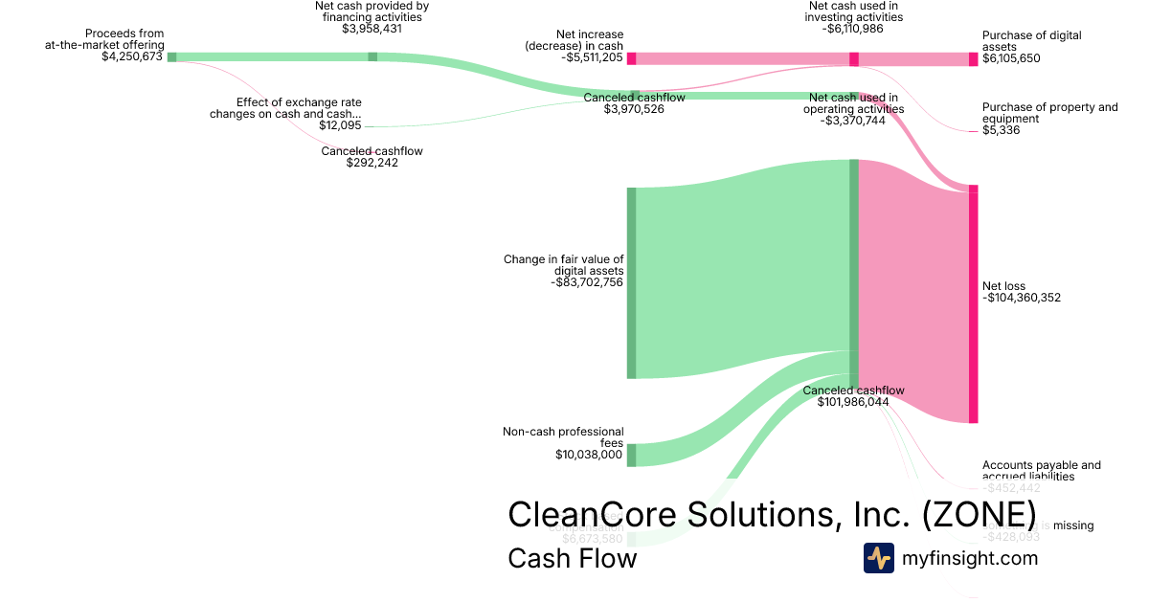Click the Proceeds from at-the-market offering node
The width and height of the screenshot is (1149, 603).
(x=172, y=57)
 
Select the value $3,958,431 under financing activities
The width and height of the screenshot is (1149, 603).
(x=372, y=29)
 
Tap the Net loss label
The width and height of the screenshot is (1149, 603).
(x=1003, y=286)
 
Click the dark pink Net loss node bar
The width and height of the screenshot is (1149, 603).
(x=974, y=304)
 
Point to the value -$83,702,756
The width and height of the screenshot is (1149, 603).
(x=588, y=282)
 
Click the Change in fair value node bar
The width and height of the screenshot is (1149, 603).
(x=631, y=283)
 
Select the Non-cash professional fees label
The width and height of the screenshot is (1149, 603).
(x=563, y=437)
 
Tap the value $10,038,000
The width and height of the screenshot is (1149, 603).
(x=589, y=455)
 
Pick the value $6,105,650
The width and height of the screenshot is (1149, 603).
(x=1011, y=58)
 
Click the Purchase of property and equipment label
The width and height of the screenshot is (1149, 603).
(x=1049, y=113)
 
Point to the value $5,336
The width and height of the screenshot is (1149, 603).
(x=1001, y=130)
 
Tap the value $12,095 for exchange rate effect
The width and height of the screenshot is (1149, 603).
(x=340, y=125)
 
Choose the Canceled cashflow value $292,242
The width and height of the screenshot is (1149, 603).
(x=372, y=163)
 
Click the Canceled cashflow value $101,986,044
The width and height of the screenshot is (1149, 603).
(x=853, y=402)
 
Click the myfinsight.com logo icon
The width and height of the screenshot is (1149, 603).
(x=879, y=558)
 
